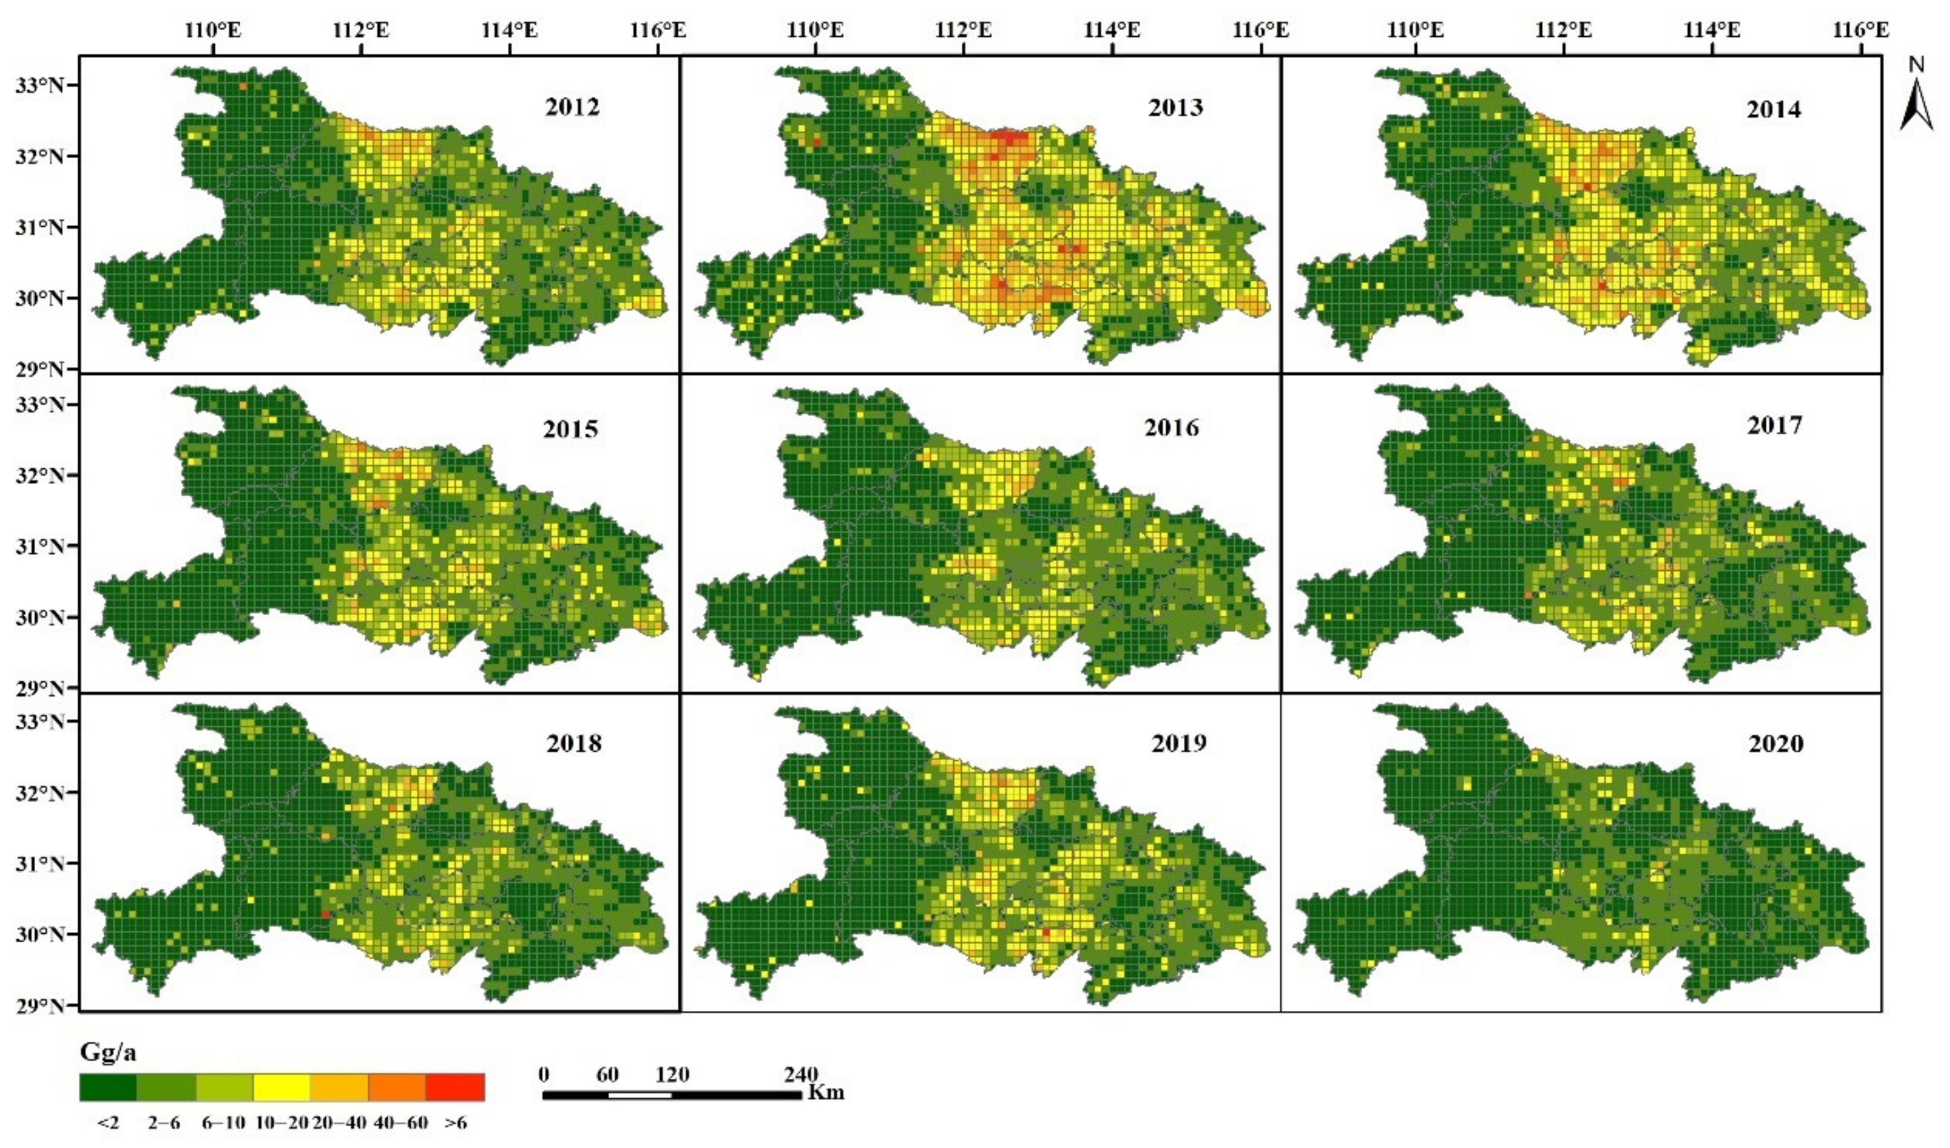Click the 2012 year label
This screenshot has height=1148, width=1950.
click(x=572, y=107)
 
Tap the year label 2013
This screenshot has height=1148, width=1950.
click(x=1175, y=108)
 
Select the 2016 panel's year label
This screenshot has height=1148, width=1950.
click(x=1171, y=427)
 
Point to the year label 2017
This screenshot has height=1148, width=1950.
click(x=1774, y=425)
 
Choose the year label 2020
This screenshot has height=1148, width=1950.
click(x=1775, y=744)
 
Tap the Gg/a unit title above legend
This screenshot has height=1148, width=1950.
click(x=108, y=1052)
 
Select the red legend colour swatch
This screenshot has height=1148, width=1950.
click(x=455, y=1087)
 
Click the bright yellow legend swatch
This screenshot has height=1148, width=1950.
click(x=282, y=1087)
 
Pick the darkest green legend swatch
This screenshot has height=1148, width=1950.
click(x=108, y=1087)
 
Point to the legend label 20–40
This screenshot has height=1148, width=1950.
click(x=339, y=1122)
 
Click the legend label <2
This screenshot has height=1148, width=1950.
click(x=108, y=1122)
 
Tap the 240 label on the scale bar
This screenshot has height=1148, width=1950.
click(x=800, y=1074)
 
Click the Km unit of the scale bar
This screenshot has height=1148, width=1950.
click(x=826, y=1093)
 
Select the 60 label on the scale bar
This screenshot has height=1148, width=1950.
click(x=607, y=1074)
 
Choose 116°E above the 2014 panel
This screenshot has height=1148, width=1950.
click(x=1860, y=30)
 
